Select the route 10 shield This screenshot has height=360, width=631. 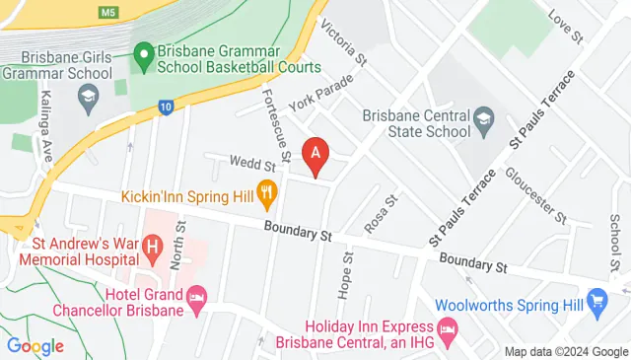[x=166, y=107]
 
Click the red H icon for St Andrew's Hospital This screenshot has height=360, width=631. [x=153, y=245]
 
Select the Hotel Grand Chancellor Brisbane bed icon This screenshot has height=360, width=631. [x=197, y=297]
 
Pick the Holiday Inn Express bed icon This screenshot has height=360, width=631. [x=449, y=327]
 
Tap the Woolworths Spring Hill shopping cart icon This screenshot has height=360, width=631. [x=596, y=299]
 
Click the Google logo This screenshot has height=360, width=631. [x=35, y=345]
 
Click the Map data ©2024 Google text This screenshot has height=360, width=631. [x=566, y=352]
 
